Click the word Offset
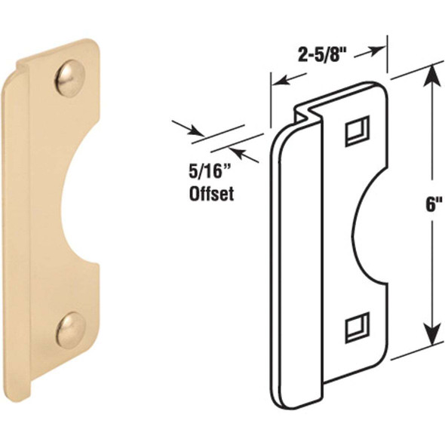(210, 193)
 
